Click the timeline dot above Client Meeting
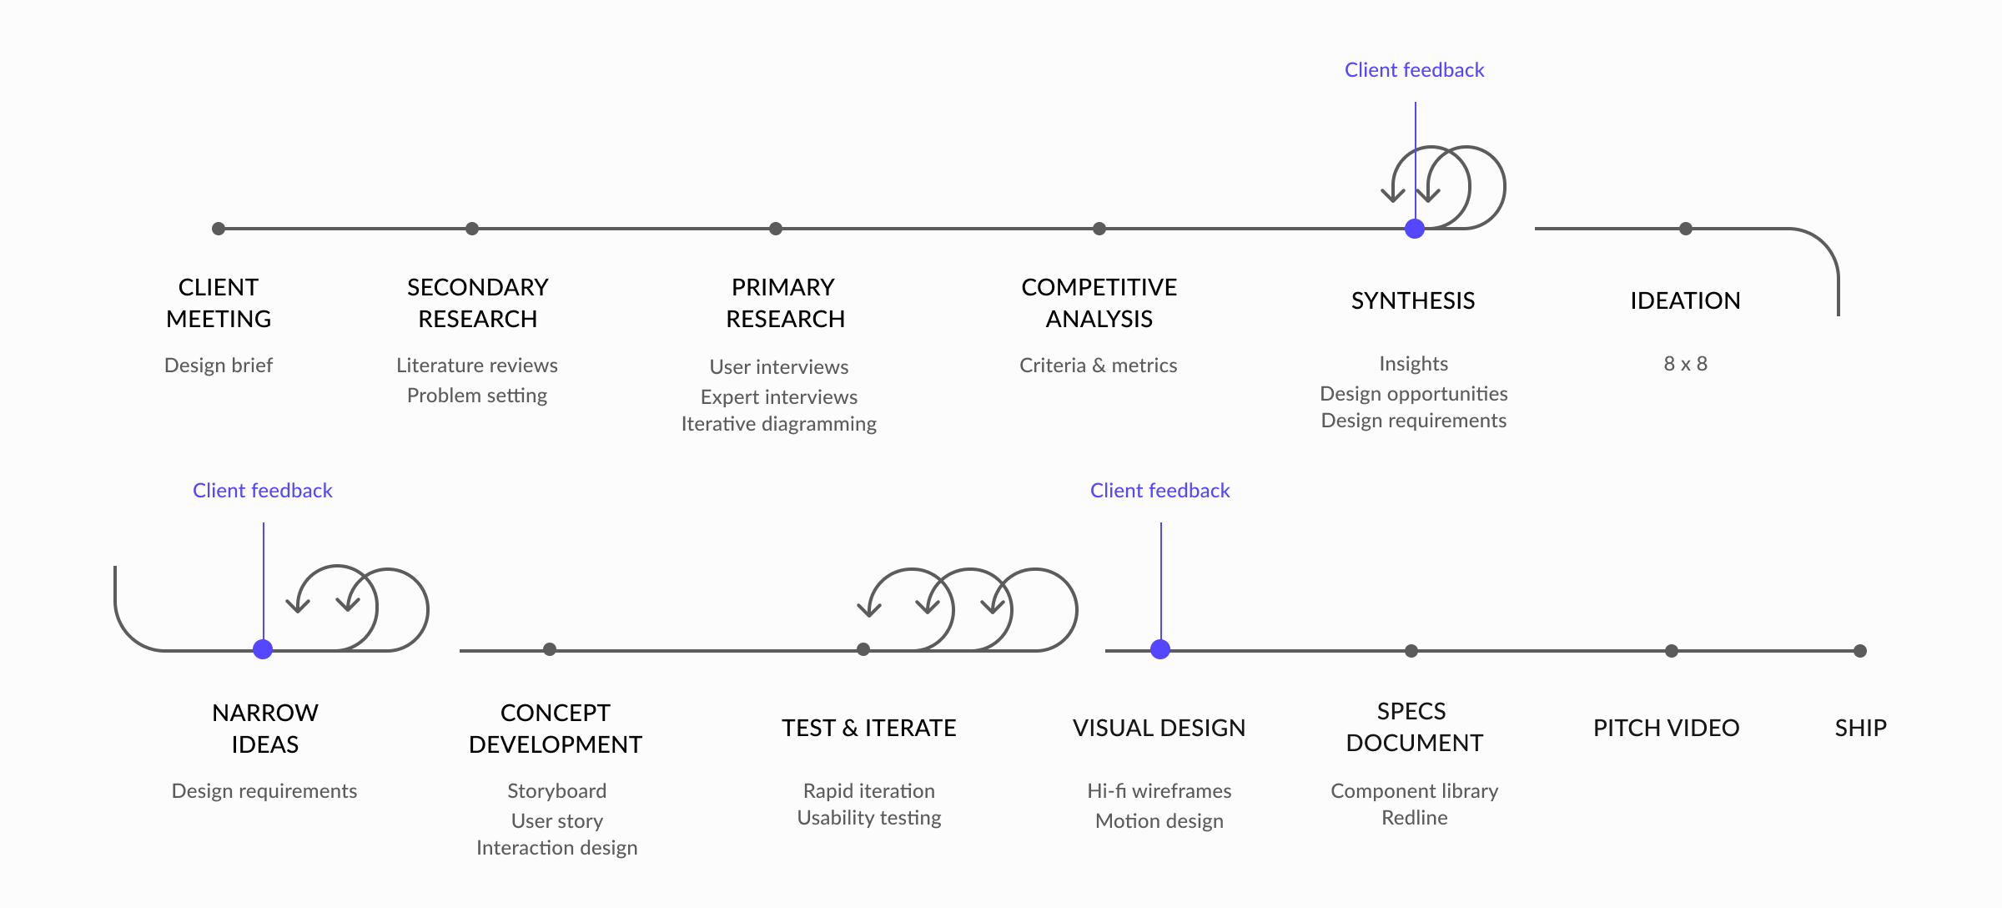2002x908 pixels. pos(219,229)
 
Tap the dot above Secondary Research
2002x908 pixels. pos(472,229)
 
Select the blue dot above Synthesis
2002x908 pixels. pos(1415,229)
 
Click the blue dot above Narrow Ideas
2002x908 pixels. pos(263,649)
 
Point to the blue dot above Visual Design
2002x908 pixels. pos(1160,649)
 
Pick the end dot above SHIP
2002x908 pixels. pos(1860,651)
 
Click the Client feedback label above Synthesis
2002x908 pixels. pos(1415,70)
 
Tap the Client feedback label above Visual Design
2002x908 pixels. pos(1160,491)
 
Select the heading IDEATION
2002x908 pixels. pos(1686,300)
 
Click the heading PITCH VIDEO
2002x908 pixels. pos(1667,728)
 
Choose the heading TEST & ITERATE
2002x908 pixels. pos(869,728)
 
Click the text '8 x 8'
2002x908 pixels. pos(1686,364)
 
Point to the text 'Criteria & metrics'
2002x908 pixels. pos(1099,366)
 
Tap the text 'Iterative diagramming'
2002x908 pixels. pos(779,424)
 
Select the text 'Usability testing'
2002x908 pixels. pos(869,818)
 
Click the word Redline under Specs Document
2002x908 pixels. pos(1415,818)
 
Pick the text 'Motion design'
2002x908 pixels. pos(1159,821)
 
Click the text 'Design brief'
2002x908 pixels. pos(219,366)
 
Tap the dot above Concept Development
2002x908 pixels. pos(550,649)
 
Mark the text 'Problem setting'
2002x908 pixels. pos(477,396)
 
